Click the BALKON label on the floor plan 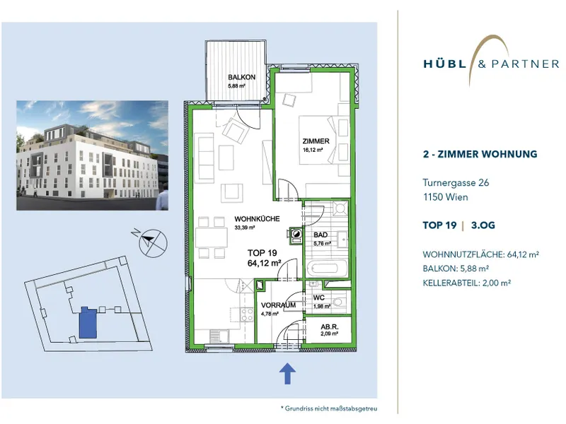pos(241,77)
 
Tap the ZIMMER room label pos(316,141)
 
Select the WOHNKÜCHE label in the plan pos(257,219)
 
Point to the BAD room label pos(320,235)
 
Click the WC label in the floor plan pos(319,298)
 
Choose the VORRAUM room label pos(278,305)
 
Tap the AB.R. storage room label pos(330,327)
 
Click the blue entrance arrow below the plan pos(287,373)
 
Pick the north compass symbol pos(153,243)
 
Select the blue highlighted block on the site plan pos(88,323)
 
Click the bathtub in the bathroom pos(328,269)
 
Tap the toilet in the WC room pos(337,302)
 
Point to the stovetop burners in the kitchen pos(247,314)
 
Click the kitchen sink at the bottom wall pos(219,337)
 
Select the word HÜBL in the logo pos(445,64)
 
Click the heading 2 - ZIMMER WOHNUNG pos(480,154)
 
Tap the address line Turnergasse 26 pos(456,183)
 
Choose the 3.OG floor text pos(483,225)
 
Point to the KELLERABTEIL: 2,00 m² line pos(467,283)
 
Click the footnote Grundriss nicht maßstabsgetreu pos(329,408)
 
